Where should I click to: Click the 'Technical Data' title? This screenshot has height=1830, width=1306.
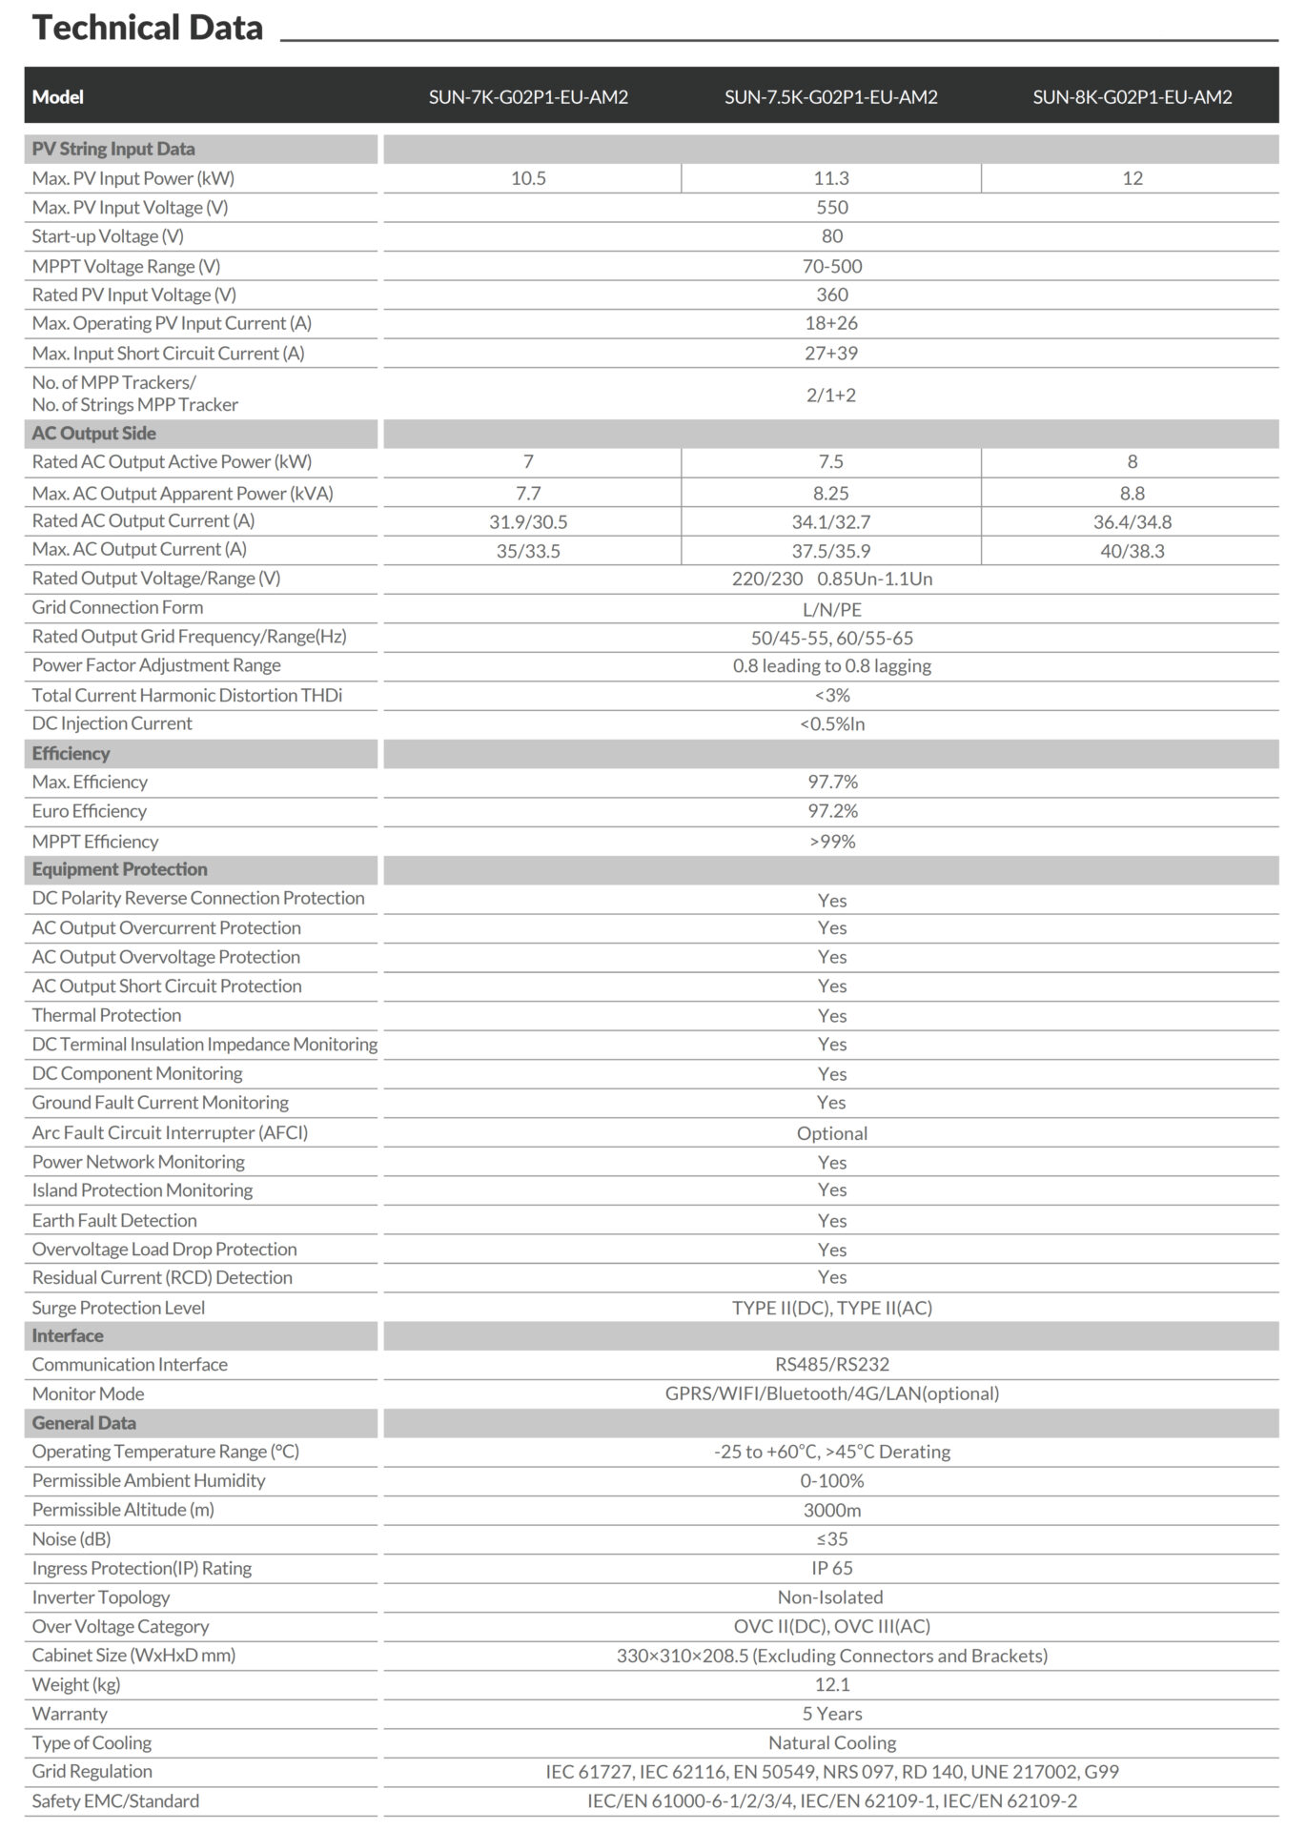[x=148, y=28]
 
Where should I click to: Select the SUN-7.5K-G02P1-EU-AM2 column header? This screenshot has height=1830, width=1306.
[x=830, y=97]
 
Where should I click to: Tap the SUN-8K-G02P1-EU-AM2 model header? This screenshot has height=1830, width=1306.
[x=1132, y=97]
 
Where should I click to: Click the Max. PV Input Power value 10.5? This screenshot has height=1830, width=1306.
[x=528, y=178]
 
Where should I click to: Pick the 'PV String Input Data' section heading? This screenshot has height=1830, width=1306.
[x=113, y=149]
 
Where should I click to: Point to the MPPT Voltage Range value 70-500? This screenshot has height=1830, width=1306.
[x=831, y=266]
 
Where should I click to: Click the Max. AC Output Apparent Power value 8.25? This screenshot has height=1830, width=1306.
[x=830, y=493]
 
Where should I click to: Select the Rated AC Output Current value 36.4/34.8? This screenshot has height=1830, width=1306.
[x=1132, y=521]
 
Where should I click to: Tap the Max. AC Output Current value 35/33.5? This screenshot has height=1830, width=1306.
[x=528, y=551]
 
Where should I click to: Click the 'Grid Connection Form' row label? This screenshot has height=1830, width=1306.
[x=117, y=607]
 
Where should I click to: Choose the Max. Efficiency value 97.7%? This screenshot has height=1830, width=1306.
[x=832, y=782]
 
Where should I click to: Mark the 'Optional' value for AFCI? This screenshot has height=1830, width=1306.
[x=831, y=1133]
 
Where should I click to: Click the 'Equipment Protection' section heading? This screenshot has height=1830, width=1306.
[x=119, y=869]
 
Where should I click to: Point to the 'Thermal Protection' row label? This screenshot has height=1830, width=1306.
[x=107, y=1015]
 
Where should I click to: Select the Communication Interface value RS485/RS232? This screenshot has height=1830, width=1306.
[x=831, y=1364]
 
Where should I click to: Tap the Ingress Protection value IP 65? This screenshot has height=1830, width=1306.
[x=831, y=1568]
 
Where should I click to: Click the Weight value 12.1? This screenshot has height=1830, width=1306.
[x=831, y=1684]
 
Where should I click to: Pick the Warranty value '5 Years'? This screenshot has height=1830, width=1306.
[x=831, y=1713]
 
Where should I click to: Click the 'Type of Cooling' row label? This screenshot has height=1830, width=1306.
[x=92, y=1742]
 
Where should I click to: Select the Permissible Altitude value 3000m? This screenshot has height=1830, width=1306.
[x=831, y=1510]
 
